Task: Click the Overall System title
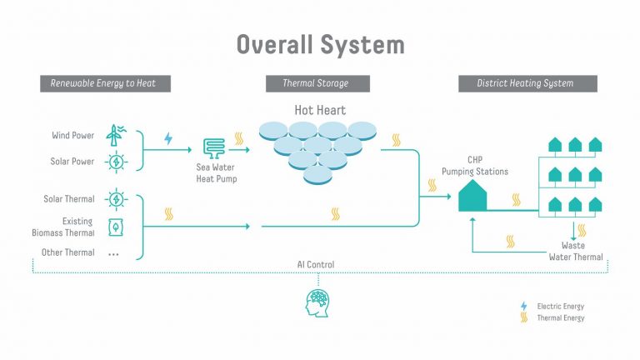click(x=320, y=44)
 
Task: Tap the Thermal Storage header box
click(x=316, y=83)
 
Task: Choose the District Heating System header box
click(x=527, y=83)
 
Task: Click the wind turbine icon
click(x=116, y=135)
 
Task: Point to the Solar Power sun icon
click(x=116, y=162)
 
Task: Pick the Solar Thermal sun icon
click(x=116, y=199)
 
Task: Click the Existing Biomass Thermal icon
click(x=115, y=227)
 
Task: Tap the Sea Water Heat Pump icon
click(x=214, y=149)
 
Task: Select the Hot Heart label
click(x=320, y=110)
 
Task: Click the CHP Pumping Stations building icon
click(x=472, y=198)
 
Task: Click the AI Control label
click(x=316, y=265)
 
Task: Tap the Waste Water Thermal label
click(x=575, y=252)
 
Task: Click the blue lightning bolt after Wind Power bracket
click(x=168, y=139)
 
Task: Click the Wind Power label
click(x=72, y=135)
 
